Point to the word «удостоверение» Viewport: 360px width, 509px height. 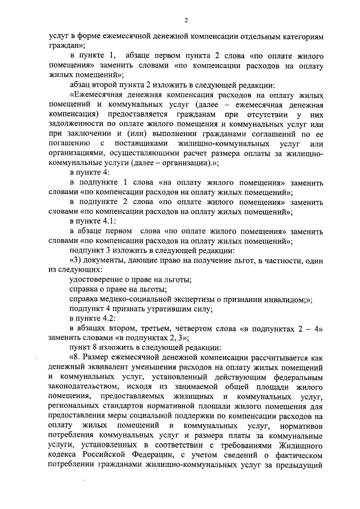pyautogui.click(x=96, y=280)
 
